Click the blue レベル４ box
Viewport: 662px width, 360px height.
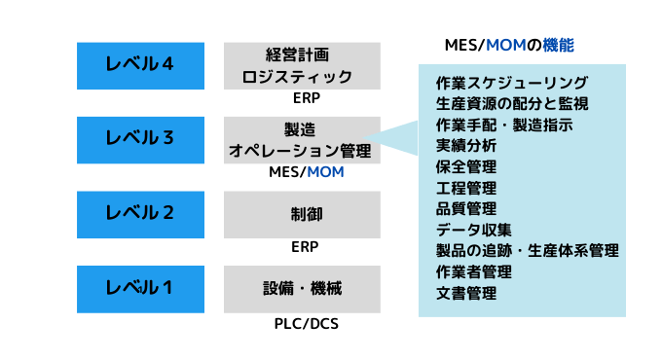click(x=140, y=65)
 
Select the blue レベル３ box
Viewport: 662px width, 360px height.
click(x=140, y=139)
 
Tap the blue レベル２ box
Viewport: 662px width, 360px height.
click(x=140, y=213)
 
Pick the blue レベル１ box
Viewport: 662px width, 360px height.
click(x=140, y=287)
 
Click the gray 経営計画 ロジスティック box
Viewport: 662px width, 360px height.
click(x=302, y=65)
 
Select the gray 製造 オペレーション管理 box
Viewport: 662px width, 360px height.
click(x=302, y=140)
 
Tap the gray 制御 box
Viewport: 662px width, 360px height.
click(x=302, y=214)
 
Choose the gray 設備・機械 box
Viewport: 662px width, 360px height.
click(x=302, y=288)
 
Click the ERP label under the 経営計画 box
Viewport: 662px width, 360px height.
click(x=306, y=99)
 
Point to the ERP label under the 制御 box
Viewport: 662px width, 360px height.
click(x=306, y=247)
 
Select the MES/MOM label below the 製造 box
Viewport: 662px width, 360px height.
click(x=306, y=173)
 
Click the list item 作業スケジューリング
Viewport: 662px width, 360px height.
click(x=512, y=82)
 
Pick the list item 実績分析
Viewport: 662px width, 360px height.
click(x=466, y=145)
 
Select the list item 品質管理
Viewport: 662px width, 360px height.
click(x=466, y=208)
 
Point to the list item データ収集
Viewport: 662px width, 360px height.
click(x=473, y=230)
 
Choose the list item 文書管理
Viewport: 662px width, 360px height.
click(x=466, y=293)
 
